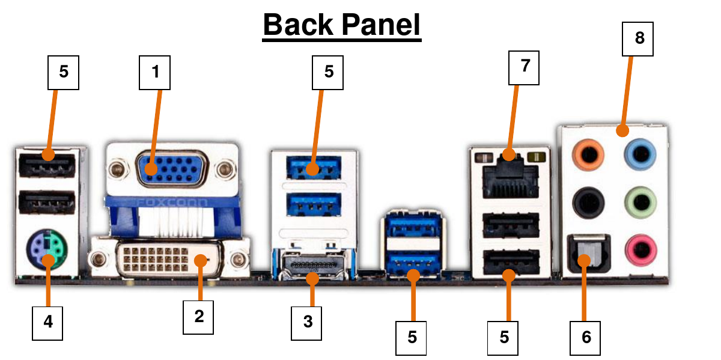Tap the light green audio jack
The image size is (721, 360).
pyautogui.click(x=638, y=201)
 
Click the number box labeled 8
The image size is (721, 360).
pyautogui.click(x=639, y=38)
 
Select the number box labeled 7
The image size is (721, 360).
pyautogui.click(x=524, y=67)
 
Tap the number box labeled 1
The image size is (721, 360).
pyautogui.click(x=155, y=73)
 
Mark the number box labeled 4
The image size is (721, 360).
pyautogui.click(x=47, y=322)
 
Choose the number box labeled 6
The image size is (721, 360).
pyautogui.click(x=586, y=337)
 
